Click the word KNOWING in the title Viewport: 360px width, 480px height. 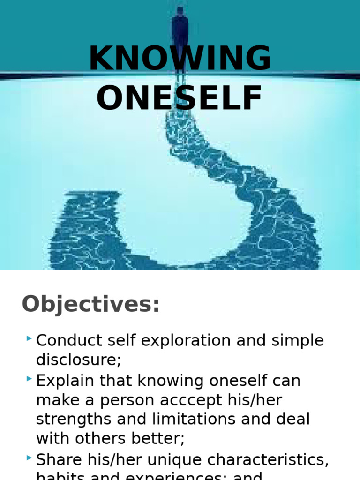pos(180,59)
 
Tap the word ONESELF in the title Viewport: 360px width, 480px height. pos(180,99)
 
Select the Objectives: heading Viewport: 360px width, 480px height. pos(91,304)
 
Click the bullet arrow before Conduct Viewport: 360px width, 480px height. pos(29,338)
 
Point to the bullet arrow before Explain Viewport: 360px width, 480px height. pos(29,378)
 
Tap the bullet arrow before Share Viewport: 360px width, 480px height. pos(29,457)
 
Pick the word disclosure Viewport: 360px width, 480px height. pos(76,360)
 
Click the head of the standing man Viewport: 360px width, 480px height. pos(180,10)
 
